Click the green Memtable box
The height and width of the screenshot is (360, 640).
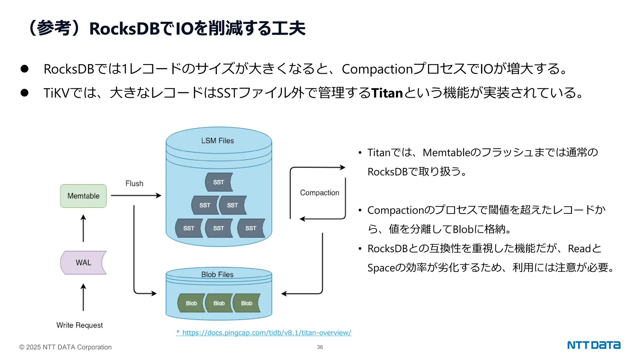[83, 196]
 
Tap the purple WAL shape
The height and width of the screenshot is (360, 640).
[83, 262]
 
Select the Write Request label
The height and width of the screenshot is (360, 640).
[79, 325]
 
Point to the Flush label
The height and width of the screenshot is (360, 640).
[134, 183]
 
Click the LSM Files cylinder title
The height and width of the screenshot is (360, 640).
[217, 141]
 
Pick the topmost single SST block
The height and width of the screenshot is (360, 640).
[219, 182]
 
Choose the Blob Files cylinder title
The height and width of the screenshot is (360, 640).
[217, 274]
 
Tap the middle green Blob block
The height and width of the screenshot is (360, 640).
[219, 303]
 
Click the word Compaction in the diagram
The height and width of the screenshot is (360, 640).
[319, 192]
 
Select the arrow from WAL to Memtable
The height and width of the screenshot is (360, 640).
[83, 228]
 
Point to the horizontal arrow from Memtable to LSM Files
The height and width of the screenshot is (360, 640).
[136, 196]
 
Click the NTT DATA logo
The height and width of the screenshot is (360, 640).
[593, 345]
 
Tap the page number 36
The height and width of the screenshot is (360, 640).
[320, 347]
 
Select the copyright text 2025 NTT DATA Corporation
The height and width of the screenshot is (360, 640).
[65, 347]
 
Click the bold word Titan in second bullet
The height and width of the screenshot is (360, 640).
[387, 93]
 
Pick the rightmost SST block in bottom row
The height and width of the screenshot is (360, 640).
[251, 228]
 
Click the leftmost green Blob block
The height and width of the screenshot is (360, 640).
[191, 303]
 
